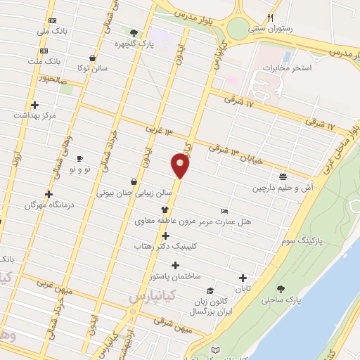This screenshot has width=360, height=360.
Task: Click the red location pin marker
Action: (180, 166)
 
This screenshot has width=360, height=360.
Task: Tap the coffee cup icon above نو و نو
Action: (79, 159)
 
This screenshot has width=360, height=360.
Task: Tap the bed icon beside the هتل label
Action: (224, 210)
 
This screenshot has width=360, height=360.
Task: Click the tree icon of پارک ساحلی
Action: (281, 289)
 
